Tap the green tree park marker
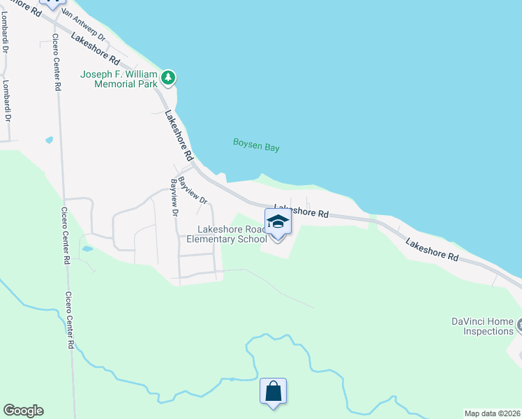(x=168, y=76)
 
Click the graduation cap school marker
(x=278, y=223)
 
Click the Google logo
(x=23, y=411)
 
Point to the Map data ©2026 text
(x=492, y=413)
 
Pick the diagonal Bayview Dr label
(x=193, y=190)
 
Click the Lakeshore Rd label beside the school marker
(x=301, y=210)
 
